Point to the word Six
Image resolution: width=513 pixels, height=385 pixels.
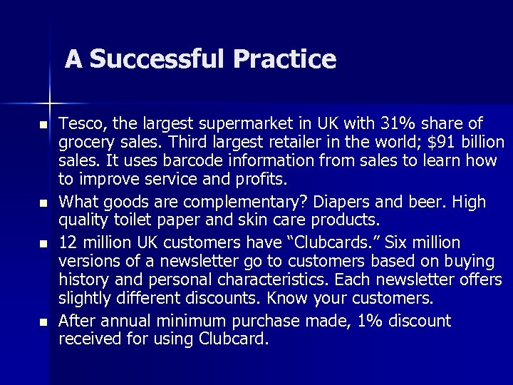click(398, 242)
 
